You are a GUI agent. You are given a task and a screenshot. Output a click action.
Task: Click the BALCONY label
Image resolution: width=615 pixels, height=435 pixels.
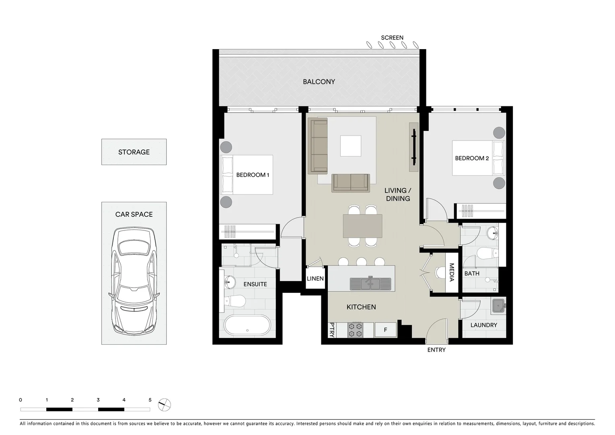319,82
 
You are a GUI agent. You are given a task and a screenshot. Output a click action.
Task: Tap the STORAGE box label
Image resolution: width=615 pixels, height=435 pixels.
134,152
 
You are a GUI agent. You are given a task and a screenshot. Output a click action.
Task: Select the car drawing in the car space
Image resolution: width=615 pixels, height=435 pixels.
134,281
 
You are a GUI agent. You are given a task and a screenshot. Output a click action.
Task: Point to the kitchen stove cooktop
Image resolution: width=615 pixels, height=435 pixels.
355,329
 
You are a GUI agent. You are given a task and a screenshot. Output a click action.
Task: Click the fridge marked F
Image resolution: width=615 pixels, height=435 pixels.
385,330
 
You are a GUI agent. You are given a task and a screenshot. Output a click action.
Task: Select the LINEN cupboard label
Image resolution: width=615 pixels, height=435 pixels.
315,279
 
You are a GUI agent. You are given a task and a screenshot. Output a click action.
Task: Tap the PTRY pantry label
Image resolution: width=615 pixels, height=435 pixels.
332,329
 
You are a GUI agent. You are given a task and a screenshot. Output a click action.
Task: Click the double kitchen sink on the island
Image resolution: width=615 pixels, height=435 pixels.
370,284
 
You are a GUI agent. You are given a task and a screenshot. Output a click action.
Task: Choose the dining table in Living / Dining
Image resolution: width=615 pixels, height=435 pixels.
362,226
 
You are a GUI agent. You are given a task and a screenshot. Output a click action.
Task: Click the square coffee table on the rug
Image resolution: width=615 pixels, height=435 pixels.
350,146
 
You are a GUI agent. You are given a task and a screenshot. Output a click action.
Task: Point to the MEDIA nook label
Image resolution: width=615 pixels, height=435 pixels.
451,273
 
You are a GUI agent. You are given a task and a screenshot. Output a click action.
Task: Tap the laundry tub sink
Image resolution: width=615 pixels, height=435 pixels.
498,306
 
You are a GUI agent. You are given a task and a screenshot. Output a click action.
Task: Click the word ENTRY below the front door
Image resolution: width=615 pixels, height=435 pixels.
436,350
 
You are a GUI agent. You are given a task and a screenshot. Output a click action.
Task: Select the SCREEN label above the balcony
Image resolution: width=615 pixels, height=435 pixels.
392,38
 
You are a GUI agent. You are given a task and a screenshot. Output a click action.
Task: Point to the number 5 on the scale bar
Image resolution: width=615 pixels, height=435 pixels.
150,400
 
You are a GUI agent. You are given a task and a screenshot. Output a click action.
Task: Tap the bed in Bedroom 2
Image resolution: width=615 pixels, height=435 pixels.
478,158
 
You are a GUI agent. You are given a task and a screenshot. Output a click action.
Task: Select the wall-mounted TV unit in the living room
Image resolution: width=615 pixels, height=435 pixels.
413,147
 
